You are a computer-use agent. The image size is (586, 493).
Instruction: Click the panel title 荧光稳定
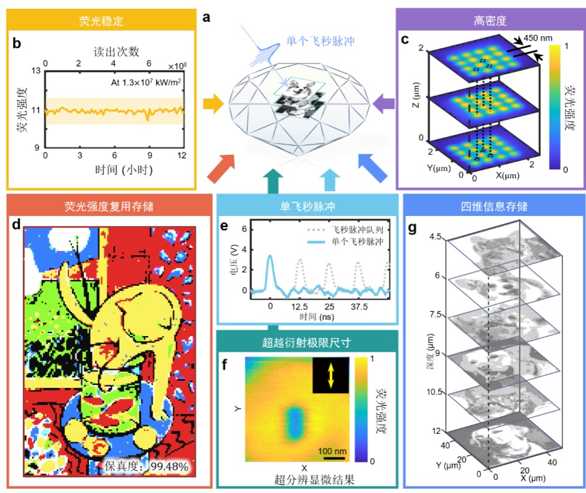tap(101, 21)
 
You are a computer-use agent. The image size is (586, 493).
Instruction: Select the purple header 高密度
tap(490, 21)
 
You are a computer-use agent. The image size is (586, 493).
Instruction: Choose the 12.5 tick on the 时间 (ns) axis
tap(300, 308)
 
